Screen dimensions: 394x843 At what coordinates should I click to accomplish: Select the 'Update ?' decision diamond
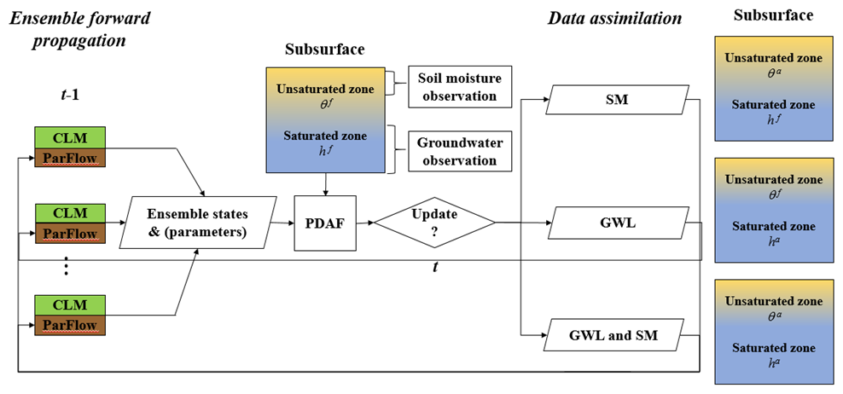(435, 223)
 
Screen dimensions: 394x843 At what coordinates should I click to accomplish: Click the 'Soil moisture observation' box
(459, 86)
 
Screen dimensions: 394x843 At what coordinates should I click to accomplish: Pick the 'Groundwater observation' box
(459, 151)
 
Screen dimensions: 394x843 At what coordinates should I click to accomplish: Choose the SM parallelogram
(619, 101)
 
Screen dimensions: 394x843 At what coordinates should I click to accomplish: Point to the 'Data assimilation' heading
(614, 18)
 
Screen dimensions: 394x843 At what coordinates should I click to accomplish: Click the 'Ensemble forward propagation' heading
(78, 28)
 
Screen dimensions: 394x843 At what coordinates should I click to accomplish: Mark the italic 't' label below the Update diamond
(435, 267)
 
